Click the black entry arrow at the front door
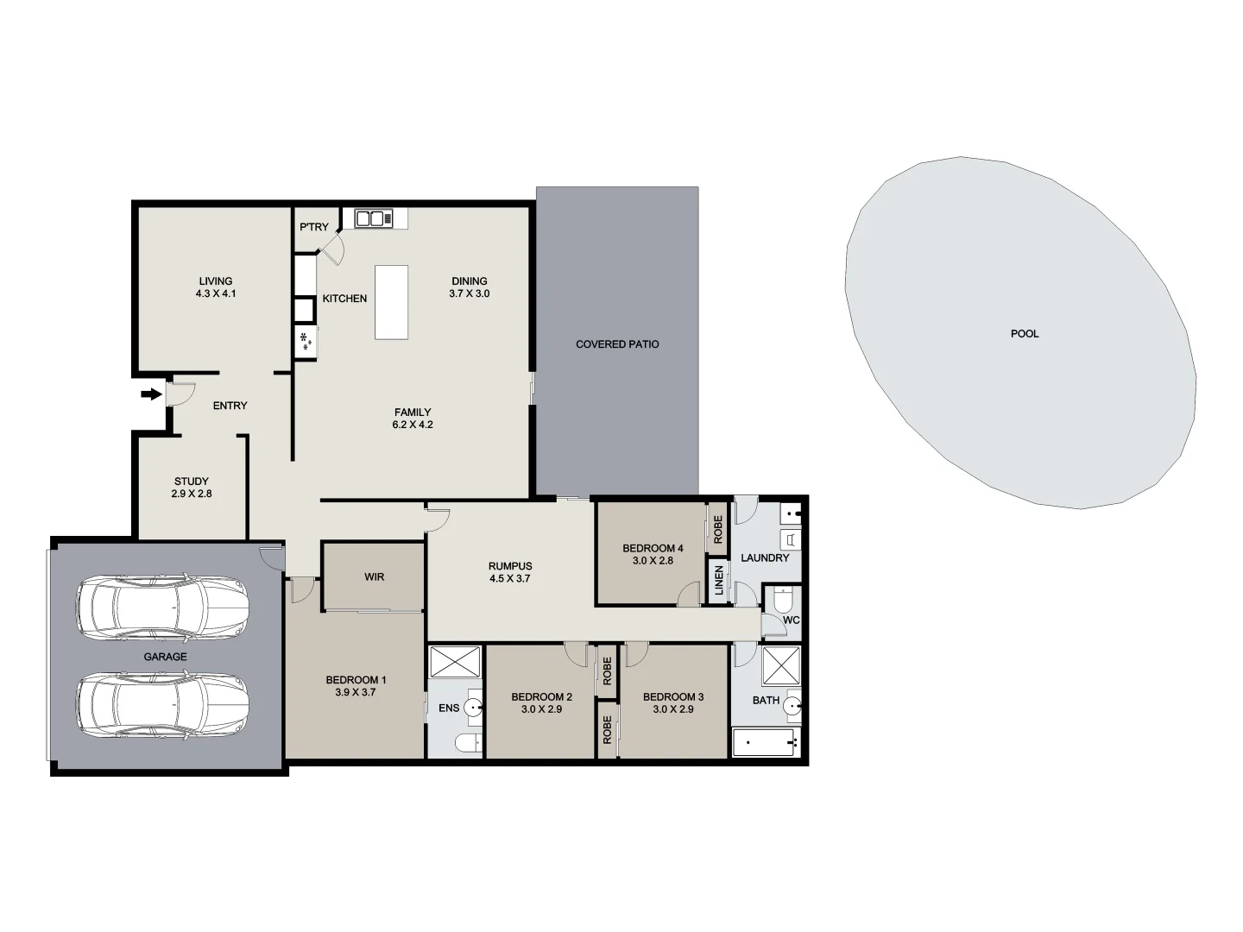point(151,394)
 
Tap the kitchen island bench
point(391,302)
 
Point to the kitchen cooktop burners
point(306,342)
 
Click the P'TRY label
point(313,227)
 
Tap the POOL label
point(1025,333)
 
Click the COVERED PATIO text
point(617,344)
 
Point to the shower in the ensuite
point(455,662)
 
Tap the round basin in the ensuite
point(474,708)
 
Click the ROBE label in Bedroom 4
point(718,528)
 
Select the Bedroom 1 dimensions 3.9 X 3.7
point(356,692)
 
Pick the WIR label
point(374,576)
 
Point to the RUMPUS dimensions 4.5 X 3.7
point(509,579)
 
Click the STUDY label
point(191,482)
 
